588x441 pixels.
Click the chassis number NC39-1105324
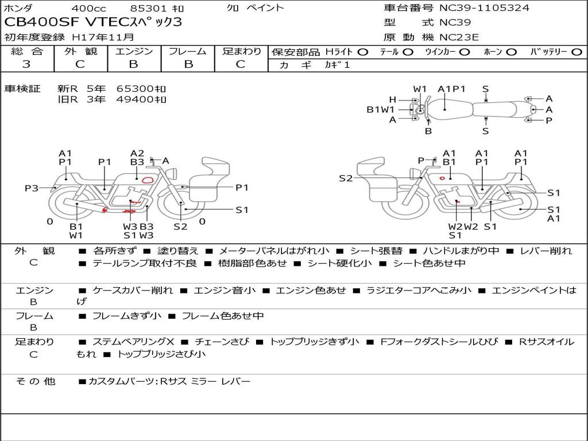(x=484, y=8)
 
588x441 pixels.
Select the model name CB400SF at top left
(x=41, y=22)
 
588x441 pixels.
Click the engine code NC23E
(x=459, y=37)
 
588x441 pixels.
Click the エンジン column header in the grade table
(x=134, y=51)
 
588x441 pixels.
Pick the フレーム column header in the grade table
(x=188, y=51)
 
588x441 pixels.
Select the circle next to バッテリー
(x=577, y=52)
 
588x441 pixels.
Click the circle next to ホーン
(x=512, y=52)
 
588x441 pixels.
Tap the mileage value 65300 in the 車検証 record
(x=136, y=89)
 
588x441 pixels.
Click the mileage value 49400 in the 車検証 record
(x=136, y=99)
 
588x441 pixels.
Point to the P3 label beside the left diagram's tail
(x=32, y=188)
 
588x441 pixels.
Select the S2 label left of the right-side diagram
(x=346, y=178)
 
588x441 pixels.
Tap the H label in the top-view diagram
(x=392, y=100)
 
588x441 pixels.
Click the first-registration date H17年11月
(x=103, y=37)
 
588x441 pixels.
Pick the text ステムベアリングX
(x=133, y=342)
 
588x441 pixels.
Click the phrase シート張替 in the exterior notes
(x=376, y=251)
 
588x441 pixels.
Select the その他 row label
(x=35, y=381)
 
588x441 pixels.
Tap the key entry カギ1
(x=337, y=64)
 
